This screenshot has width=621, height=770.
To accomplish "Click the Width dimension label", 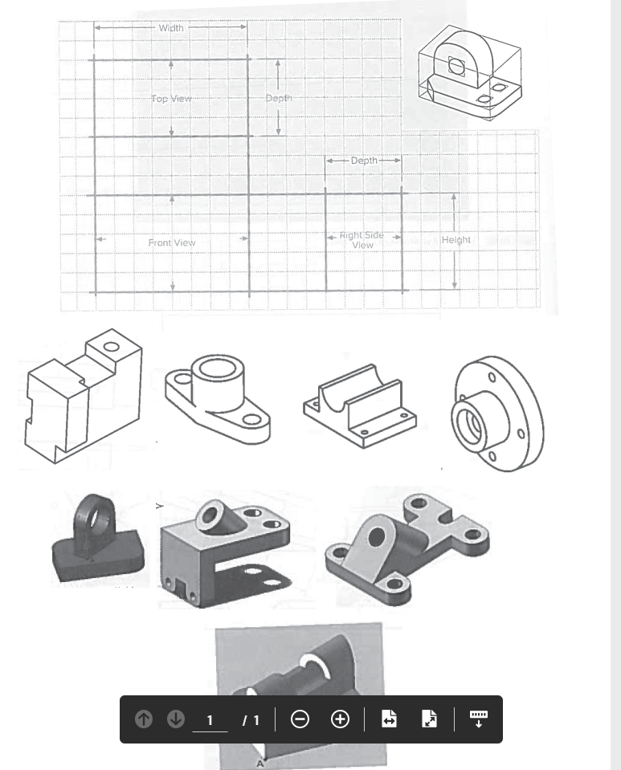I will [171, 28].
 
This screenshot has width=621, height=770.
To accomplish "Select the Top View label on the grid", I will [171, 99].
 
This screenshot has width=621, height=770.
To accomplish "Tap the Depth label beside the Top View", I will [279, 98].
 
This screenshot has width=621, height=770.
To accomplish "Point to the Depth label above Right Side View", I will [364, 161].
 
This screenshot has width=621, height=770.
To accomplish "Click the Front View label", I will [172, 242].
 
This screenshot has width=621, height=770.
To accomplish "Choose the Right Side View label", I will [362, 240].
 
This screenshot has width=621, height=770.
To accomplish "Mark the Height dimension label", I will [456, 240].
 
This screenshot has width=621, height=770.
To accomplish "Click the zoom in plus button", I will [340, 719].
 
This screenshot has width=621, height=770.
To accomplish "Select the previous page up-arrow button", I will [142, 719].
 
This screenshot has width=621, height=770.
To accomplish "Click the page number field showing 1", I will [210, 719].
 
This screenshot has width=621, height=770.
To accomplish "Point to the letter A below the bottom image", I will [259, 764].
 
